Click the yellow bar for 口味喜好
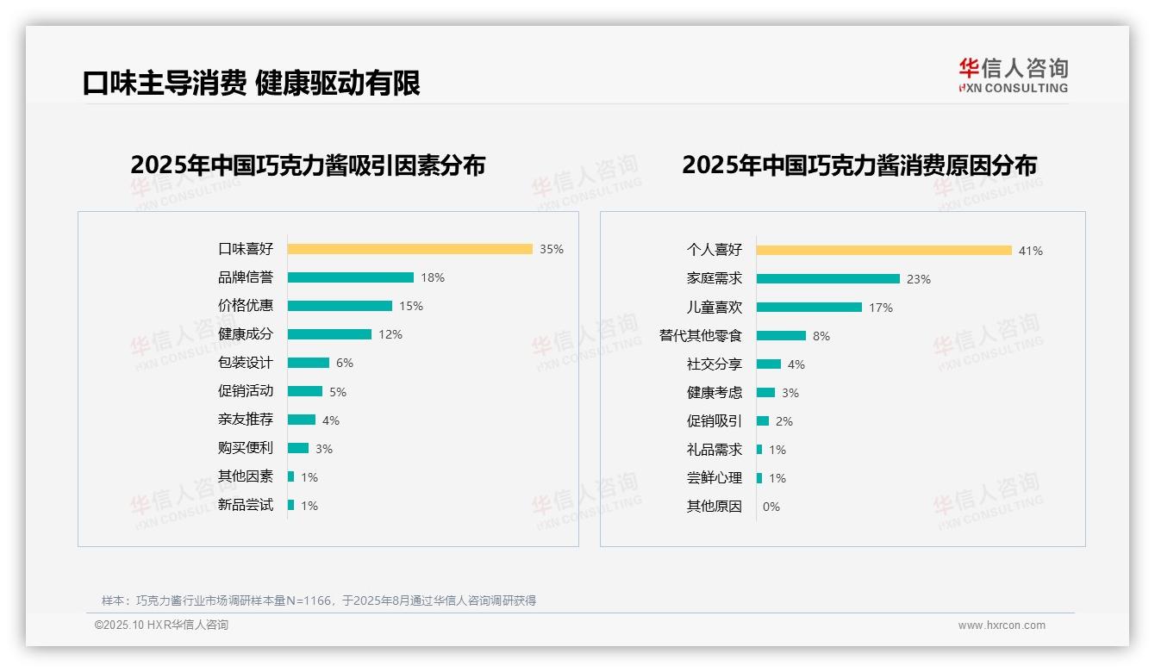409,249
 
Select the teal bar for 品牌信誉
350,277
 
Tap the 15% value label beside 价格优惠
411,306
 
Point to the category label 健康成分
246,334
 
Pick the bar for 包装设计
308,363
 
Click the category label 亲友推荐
246,420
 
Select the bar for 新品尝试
290,505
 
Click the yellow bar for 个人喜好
883,251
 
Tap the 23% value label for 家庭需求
919,279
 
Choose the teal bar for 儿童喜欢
808,308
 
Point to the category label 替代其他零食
701,335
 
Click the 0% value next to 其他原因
771,507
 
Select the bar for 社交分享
768,364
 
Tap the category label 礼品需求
715,450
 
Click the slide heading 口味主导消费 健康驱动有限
251,84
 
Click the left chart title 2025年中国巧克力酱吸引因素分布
308,165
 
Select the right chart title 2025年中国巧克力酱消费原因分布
859,165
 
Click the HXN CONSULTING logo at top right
1013,76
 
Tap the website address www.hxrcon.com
1002,625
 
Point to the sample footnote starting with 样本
319,600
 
